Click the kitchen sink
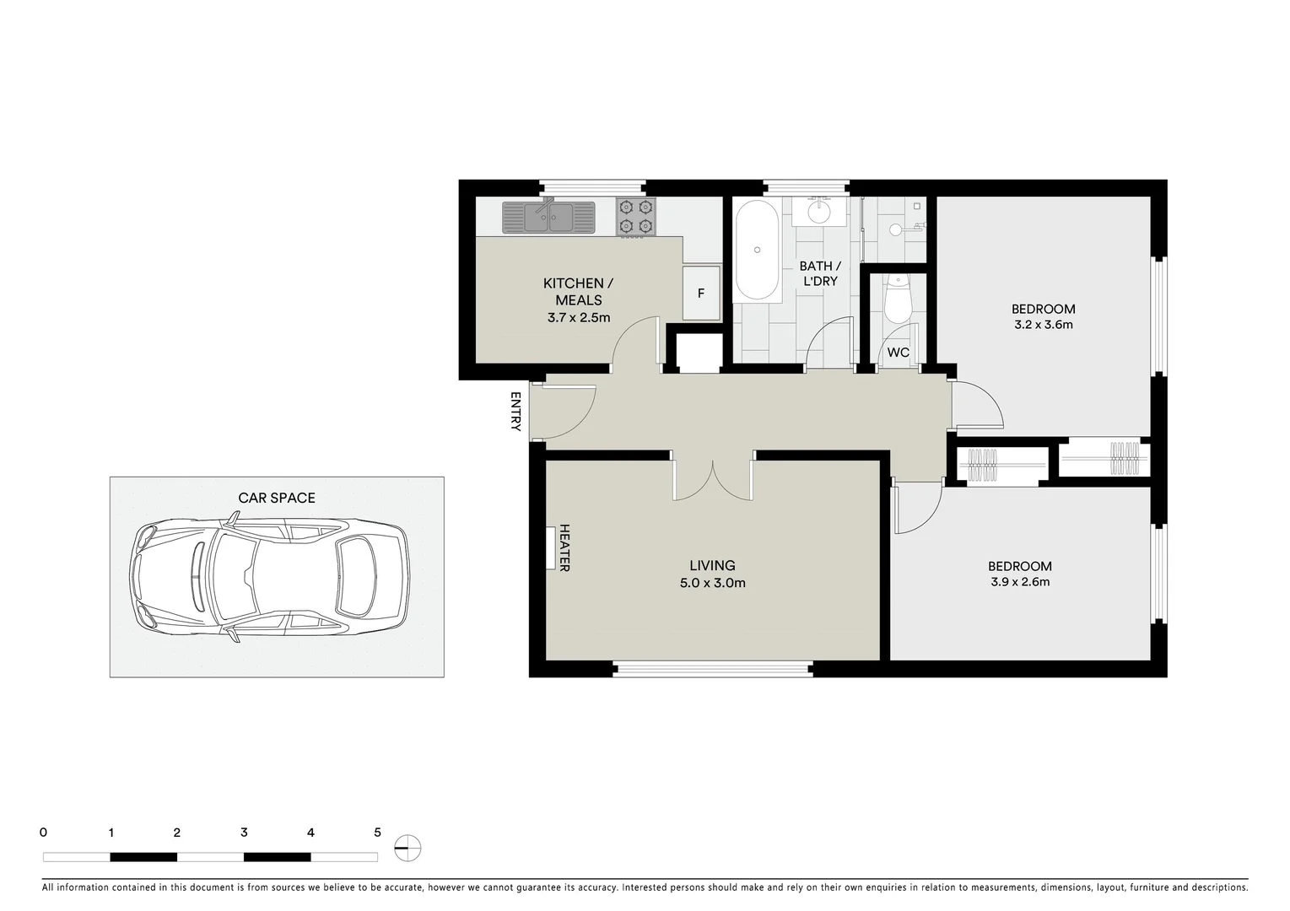[x=548, y=218]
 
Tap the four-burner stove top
[x=636, y=217]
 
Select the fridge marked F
[x=701, y=294]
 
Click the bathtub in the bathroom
[x=757, y=250]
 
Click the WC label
[x=898, y=353]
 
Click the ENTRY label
[x=515, y=412]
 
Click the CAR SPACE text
[x=277, y=498]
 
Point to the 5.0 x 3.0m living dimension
[x=712, y=583]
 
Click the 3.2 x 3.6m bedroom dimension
[x=1043, y=325]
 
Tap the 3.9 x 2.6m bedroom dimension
[x=1020, y=582]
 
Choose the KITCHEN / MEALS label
[x=578, y=292]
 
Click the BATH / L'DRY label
[x=820, y=273]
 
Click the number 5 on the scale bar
[x=377, y=833]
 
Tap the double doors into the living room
[x=713, y=481]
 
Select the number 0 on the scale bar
[x=43, y=833]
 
